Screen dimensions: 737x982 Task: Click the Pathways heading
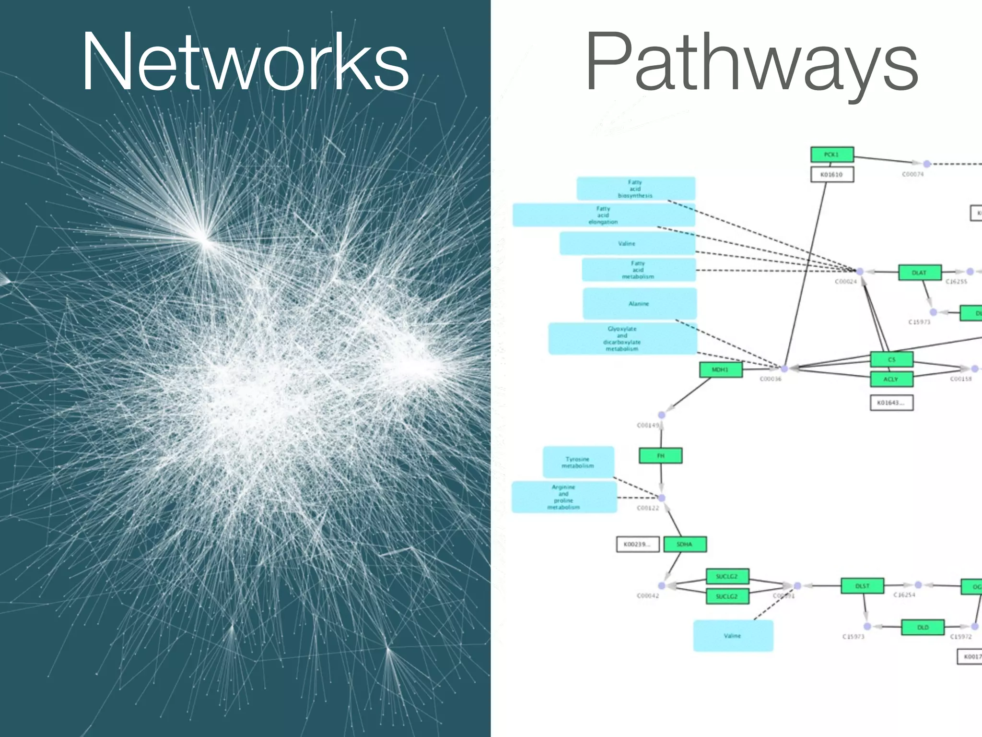click(x=751, y=62)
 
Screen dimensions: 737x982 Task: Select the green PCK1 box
click(x=832, y=155)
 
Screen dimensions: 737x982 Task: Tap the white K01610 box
click(x=832, y=175)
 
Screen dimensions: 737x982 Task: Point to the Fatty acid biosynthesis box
click(x=635, y=189)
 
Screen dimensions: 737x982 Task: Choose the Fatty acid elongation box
click(x=603, y=215)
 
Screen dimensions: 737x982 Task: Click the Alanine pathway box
click(x=639, y=304)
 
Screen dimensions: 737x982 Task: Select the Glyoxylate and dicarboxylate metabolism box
click(x=622, y=339)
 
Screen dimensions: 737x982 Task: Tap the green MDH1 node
click(x=720, y=370)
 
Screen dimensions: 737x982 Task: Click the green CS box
click(x=891, y=359)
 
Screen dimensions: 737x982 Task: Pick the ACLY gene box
click(x=891, y=379)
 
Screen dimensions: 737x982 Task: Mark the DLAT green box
click(x=919, y=273)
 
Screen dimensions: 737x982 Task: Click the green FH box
click(x=660, y=456)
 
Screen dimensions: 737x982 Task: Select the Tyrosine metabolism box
click(x=578, y=462)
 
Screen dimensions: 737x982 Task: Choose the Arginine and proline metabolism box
click(x=564, y=497)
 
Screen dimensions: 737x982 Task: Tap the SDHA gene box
click(x=685, y=544)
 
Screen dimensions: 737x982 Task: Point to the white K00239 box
click(x=637, y=544)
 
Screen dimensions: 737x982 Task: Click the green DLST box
click(x=862, y=586)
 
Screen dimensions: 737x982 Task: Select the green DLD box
click(x=923, y=627)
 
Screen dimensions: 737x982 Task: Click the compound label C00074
click(x=912, y=175)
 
